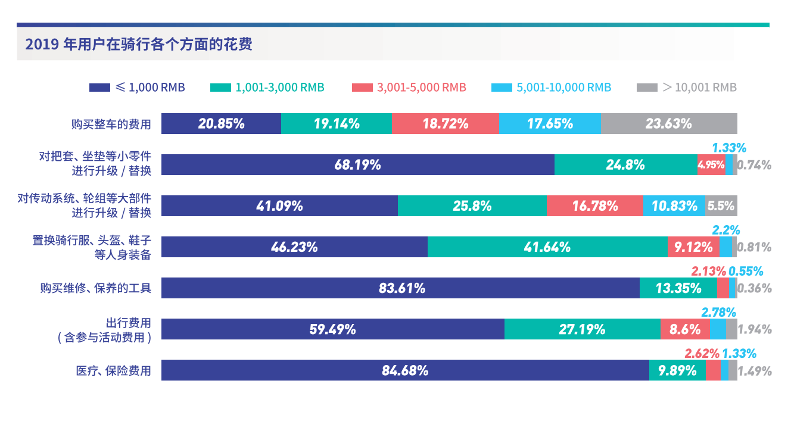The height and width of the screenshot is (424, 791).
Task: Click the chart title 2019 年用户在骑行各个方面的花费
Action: [x=139, y=45]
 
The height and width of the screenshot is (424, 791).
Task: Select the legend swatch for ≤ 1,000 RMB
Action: [x=99, y=88]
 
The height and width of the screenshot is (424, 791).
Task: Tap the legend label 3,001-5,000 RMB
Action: [x=421, y=88]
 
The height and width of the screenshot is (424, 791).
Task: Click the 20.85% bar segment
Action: [x=221, y=124]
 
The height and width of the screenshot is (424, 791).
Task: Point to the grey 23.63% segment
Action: [x=669, y=124]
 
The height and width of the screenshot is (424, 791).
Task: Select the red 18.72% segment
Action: [x=445, y=124]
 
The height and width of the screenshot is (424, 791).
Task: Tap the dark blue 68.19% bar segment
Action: [x=357, y=165]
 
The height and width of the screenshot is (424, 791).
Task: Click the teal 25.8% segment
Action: [x=472, y=206]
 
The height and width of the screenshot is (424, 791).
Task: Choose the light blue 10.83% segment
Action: [x=674, y=206]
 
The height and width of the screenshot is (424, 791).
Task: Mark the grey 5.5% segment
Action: [x=721, y=206]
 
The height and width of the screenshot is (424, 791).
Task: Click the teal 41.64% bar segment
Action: [x=547, y=247]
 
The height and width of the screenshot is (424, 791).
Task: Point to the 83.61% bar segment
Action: [x=400, y=288]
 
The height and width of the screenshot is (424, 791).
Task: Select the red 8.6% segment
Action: [x=685, y=329]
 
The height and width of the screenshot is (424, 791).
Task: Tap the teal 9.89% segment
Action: [x=677, y=370]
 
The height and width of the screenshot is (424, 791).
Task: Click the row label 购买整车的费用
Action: [x=111, y=124]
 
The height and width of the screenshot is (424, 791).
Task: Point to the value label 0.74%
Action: [x=754, y=166]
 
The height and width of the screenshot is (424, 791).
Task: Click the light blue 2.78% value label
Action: [x=719, y=312]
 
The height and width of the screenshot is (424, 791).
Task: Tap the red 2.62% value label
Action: [x=702, y=353]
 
